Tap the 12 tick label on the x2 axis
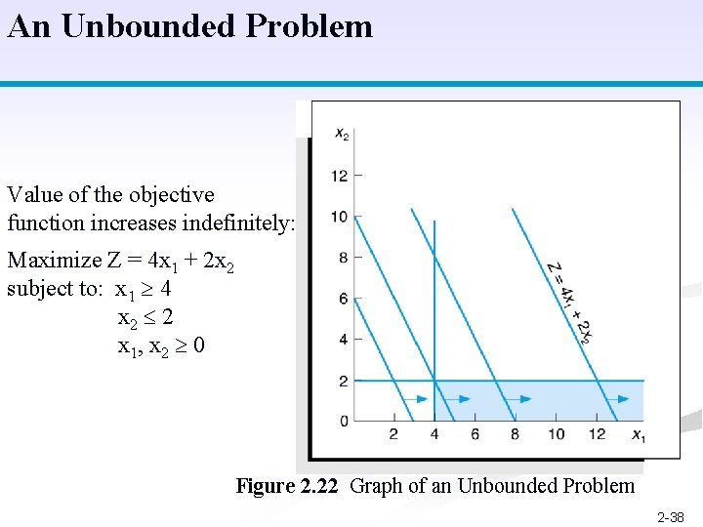tap(339, 176)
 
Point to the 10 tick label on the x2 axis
tap(339, 217)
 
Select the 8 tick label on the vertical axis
tap(343, 258)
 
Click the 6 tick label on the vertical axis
tap(343, 299)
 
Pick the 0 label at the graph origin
tap(343, 421)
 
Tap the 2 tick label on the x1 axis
tap(393, 434)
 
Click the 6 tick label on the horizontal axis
tap(475, 434)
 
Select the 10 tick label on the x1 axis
tap(556, 434)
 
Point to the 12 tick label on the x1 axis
tap(597, 434)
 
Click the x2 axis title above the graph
tap(342, 135)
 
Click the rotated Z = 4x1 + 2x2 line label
tap(570, 302)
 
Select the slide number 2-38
tap(671, 517)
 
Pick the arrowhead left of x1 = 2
tap(422, 398)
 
